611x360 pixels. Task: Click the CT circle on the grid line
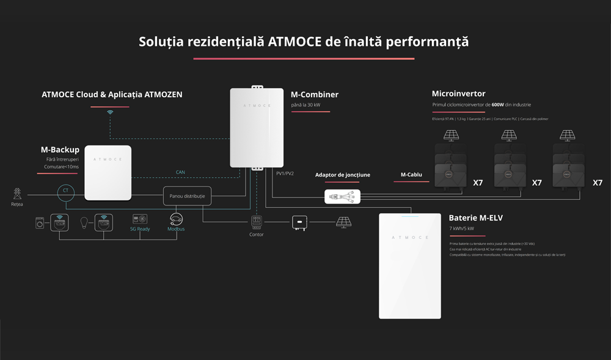click(x=65, y=191)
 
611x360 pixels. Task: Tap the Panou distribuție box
click(x=187, y=196)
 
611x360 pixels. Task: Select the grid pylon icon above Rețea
click(x=16, y=193)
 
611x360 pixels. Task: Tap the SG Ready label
click(x=140, y=229)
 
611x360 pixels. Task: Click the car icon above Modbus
click(x=176, y=219)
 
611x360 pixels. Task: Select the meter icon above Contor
click(x=257, y=222)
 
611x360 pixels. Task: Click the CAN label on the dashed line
click(x=180, y=172)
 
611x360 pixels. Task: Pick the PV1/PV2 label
click(x=285, y=174)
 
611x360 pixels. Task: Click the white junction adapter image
click(x=342, y=196)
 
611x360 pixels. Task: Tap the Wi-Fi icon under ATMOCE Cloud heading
click(x=110, y=112)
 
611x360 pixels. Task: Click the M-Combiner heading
click(x=315, y=95)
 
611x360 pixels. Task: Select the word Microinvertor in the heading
click(x=458, y=94)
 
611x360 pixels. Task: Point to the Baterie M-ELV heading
click(x=476, y=218)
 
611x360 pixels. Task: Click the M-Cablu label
click(x=411, y=175)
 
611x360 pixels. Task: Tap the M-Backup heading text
click(x=60, y=150)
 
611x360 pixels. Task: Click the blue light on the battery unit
click(x=409, y=216)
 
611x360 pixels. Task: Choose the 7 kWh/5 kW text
click(x=462, y=229)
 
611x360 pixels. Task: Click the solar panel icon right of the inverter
click(x=344, y=222)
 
